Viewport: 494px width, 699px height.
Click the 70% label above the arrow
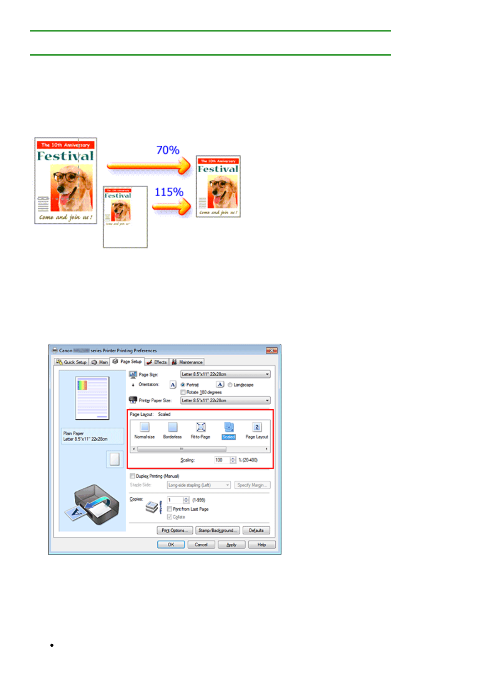[x=168, y=150]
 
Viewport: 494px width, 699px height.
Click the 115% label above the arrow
[x=169, y=192]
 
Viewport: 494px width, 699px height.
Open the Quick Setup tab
[x=71, y=362]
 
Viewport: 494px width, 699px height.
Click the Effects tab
[x=157, y=362]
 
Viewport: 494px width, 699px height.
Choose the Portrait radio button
[x=183, y=385]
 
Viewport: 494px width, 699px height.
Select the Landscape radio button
[x=230, y=385]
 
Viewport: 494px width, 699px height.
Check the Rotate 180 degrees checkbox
[x=183, y=392]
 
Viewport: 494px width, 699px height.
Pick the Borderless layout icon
[x=173, y=427]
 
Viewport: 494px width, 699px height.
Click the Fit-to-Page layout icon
[x=201, y=427]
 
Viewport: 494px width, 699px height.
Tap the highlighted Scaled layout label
[x=229, y=437]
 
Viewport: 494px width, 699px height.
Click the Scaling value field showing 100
[x=221, y=460]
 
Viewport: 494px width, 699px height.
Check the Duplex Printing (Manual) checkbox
[x=132, y=476]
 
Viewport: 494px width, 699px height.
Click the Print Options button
[x=175, y=530]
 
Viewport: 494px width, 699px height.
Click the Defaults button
[x=256, y=530]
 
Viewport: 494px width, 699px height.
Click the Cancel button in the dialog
[x=201, y=545]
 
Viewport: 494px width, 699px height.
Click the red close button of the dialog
[x=271, y=350]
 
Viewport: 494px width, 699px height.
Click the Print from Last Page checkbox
[x=170, y=509]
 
